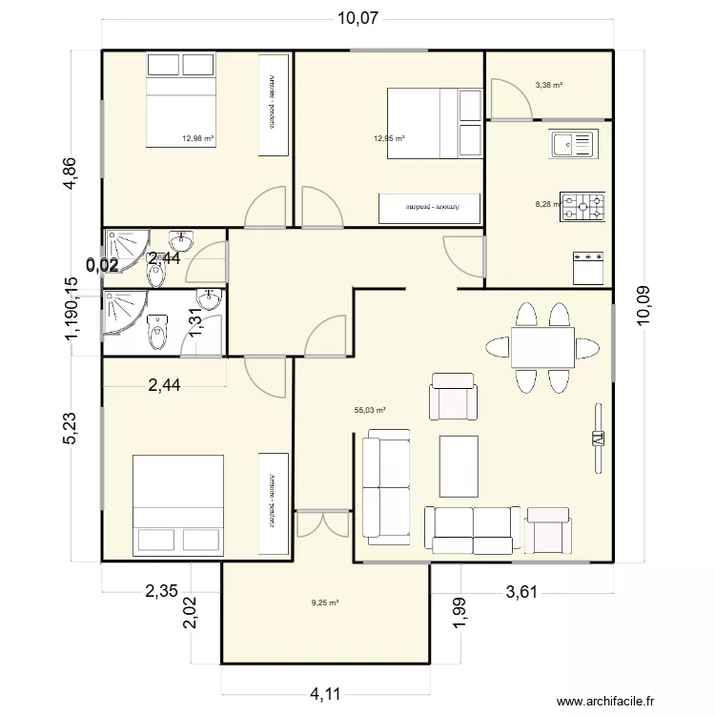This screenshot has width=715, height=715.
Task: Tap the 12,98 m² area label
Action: [197, 138]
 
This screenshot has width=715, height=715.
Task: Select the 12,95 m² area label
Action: [389, 138]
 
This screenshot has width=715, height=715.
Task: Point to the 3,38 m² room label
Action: [548, 85]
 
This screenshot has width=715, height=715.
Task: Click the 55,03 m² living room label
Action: [369, 411]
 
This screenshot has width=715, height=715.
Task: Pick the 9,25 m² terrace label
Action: [325, 603]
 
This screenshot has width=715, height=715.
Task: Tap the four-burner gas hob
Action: [582, 207]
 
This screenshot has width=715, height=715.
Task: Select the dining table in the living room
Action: [541, 346]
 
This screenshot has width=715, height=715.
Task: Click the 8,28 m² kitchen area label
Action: [548, 203]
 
